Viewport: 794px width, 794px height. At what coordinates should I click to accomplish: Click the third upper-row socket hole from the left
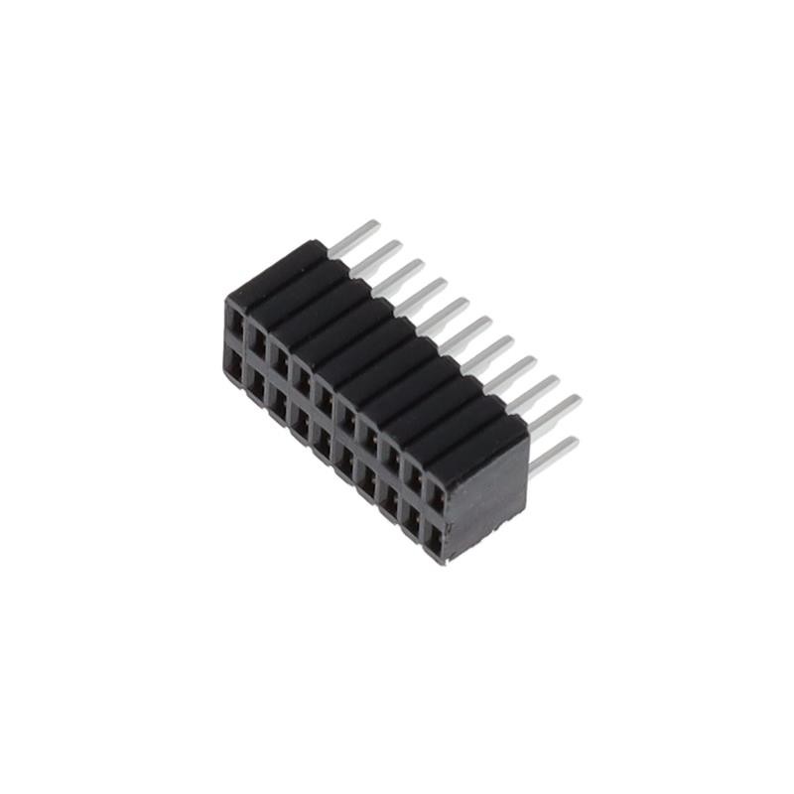[279, 357]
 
